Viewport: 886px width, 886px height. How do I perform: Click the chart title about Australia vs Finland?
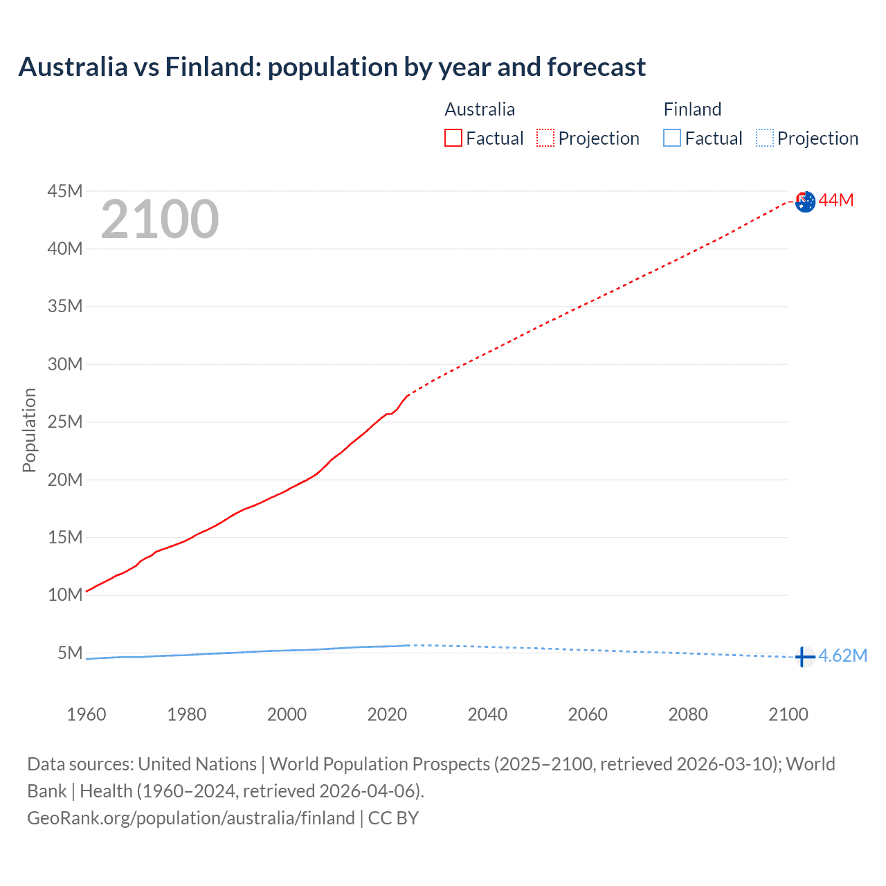(332, 67)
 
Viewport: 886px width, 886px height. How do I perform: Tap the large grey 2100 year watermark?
(160, 219)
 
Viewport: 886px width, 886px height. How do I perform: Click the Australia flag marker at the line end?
(805, 202)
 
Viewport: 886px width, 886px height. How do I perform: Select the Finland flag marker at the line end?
(804, 656)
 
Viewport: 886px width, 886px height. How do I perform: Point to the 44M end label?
(836, 201)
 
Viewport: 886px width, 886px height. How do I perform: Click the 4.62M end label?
(842, 656)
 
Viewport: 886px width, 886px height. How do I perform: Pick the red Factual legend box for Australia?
(453, 138)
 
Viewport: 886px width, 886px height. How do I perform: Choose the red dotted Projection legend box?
(545, 138)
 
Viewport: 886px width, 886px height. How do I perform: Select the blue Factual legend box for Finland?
(672, 138)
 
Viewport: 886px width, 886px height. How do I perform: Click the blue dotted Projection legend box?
(765, 138)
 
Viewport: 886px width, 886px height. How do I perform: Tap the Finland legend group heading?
(692, 109)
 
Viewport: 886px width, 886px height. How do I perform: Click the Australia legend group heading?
(480, 109)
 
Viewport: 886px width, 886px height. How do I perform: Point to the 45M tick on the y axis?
(65, 191)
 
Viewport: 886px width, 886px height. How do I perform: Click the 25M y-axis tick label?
(65, 422)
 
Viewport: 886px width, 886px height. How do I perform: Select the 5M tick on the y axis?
(70, 653)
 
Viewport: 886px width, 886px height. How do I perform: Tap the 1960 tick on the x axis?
(87, 714)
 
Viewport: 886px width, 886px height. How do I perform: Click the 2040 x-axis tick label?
(487, 714)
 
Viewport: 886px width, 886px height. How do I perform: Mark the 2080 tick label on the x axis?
(688, 714)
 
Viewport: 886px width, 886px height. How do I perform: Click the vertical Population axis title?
(29, 430)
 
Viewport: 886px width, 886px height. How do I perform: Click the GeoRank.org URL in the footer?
(191, 818)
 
